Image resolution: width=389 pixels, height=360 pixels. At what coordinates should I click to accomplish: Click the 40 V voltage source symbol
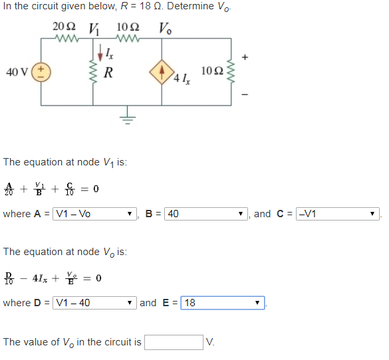pyautogui.click(x=41, y=71)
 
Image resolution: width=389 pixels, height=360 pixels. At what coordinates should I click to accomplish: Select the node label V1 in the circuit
pyautogui.click(x=94, y=29)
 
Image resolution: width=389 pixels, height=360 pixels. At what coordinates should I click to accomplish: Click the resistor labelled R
pyautogui.click(x=92, y=72)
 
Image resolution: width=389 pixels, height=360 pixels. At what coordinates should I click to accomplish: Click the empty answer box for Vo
pyautogui.click(x=174, y=342)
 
